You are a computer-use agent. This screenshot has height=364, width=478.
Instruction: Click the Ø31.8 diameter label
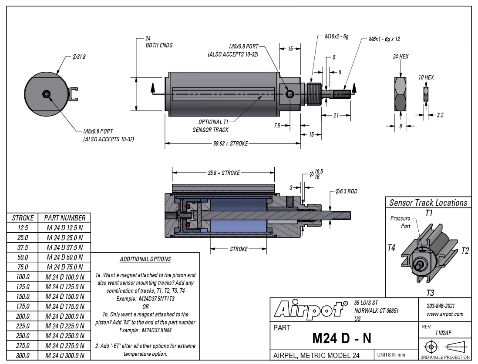79,57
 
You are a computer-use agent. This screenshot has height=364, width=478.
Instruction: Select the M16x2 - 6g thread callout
337,37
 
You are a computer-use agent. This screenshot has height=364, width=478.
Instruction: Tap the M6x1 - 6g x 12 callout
384,39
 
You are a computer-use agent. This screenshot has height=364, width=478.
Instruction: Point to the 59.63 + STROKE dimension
230,144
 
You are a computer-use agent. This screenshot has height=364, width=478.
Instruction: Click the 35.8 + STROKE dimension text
224,173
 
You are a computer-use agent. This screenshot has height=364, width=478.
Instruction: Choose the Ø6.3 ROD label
346,191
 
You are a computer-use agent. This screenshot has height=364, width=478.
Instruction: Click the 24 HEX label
401,57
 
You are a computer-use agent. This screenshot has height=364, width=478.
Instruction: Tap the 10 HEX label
426,77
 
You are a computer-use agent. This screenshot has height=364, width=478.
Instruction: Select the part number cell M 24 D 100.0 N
64,277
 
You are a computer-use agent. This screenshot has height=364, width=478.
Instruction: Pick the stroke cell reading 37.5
23,247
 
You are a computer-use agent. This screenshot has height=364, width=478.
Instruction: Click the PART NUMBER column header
64,218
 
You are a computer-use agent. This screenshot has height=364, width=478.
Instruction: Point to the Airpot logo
311,310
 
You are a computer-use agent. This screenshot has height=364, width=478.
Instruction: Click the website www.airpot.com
445,314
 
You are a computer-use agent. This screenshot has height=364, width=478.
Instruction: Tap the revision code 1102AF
443,333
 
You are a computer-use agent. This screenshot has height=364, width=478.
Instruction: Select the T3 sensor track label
430,293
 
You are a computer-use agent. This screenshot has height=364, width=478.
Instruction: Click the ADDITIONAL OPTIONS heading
145,259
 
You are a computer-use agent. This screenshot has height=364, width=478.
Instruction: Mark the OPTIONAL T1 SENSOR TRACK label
211,126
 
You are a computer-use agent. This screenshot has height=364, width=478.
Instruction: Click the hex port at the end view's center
46,94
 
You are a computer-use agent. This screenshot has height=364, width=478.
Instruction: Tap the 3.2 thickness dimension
440,115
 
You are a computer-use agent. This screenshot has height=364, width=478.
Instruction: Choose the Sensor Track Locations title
428,203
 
